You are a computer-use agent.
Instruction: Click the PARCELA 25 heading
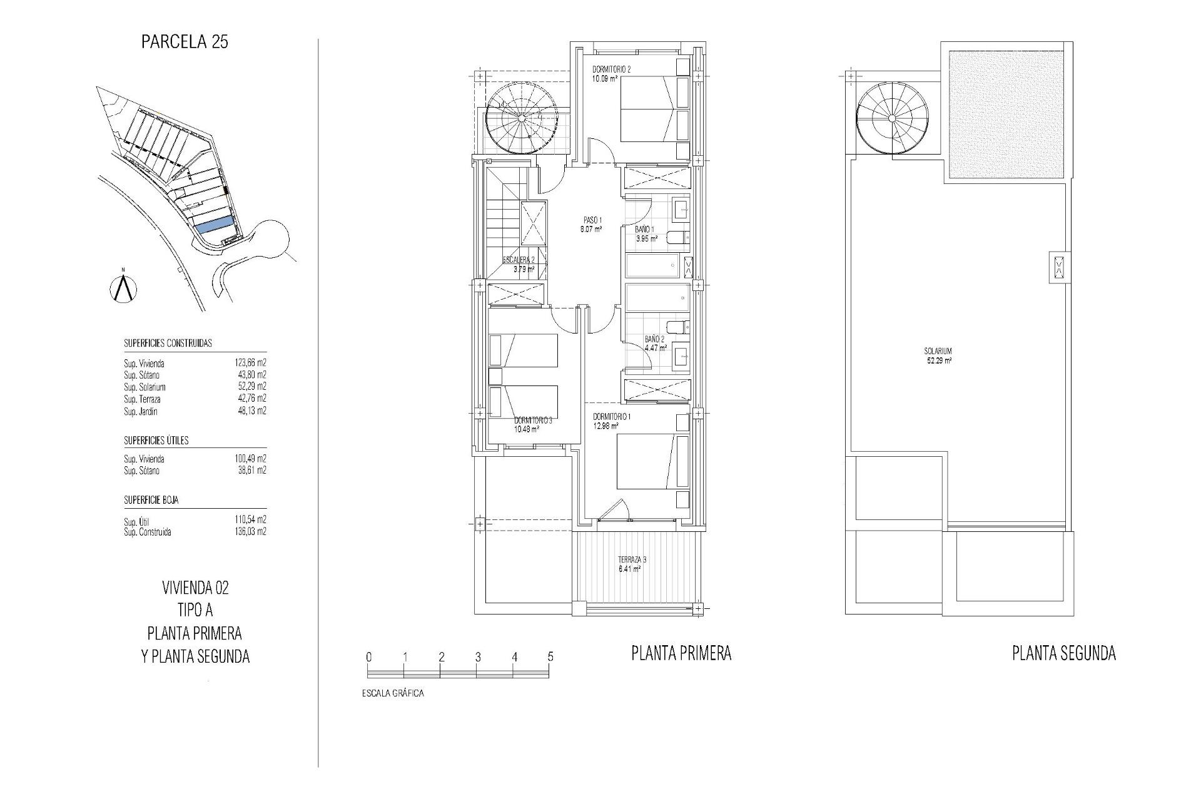click(x=185, y=43)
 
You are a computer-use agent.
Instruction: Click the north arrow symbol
click(x=123, y=288)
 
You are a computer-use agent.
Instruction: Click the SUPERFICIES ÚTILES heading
click(x=156, y=441)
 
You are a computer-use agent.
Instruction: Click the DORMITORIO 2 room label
click(x=611, y=70)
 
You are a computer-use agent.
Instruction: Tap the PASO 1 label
click(x=592, y=220)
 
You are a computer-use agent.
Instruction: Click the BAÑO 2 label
click(x=655, y=340)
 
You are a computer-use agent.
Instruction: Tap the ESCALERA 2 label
click(x=519, y=260)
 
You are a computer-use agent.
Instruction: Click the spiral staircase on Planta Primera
click(x=523, y=119)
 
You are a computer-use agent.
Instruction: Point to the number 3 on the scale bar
click(x=477, y=657)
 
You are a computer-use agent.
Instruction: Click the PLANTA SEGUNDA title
click(x=1063, y=654)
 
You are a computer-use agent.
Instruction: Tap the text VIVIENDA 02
click(x=195, y=588)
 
